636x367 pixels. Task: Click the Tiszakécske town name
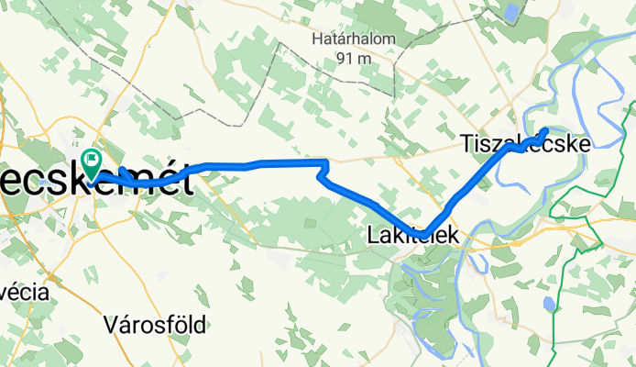coord(524,142)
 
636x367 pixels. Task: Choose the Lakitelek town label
coord(414,236)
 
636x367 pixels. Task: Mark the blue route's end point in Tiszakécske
coord(546,131)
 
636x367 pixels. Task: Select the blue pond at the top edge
coord(510,11)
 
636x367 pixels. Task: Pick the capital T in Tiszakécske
coord(466,142)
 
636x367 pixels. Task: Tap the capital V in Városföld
coord(110,324)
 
